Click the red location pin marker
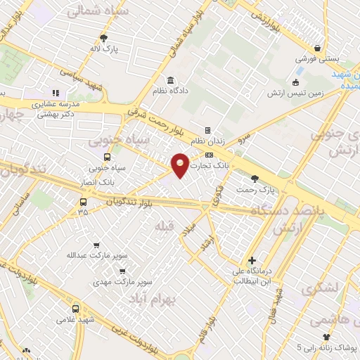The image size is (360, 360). point(181,165)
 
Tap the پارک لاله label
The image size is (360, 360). point(104,49)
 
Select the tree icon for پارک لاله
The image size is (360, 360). point(104,38)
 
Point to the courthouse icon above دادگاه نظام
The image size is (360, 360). point(171,79)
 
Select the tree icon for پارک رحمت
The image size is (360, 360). point(254,179)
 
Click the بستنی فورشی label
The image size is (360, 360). point(317,59)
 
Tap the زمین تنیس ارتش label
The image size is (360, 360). point(316,92)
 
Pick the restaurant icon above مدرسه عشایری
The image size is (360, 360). point(56,92)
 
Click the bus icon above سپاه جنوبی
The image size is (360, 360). point(107,157)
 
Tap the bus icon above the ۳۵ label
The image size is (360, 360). point(84,202)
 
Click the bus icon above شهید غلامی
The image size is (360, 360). point(75,308)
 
